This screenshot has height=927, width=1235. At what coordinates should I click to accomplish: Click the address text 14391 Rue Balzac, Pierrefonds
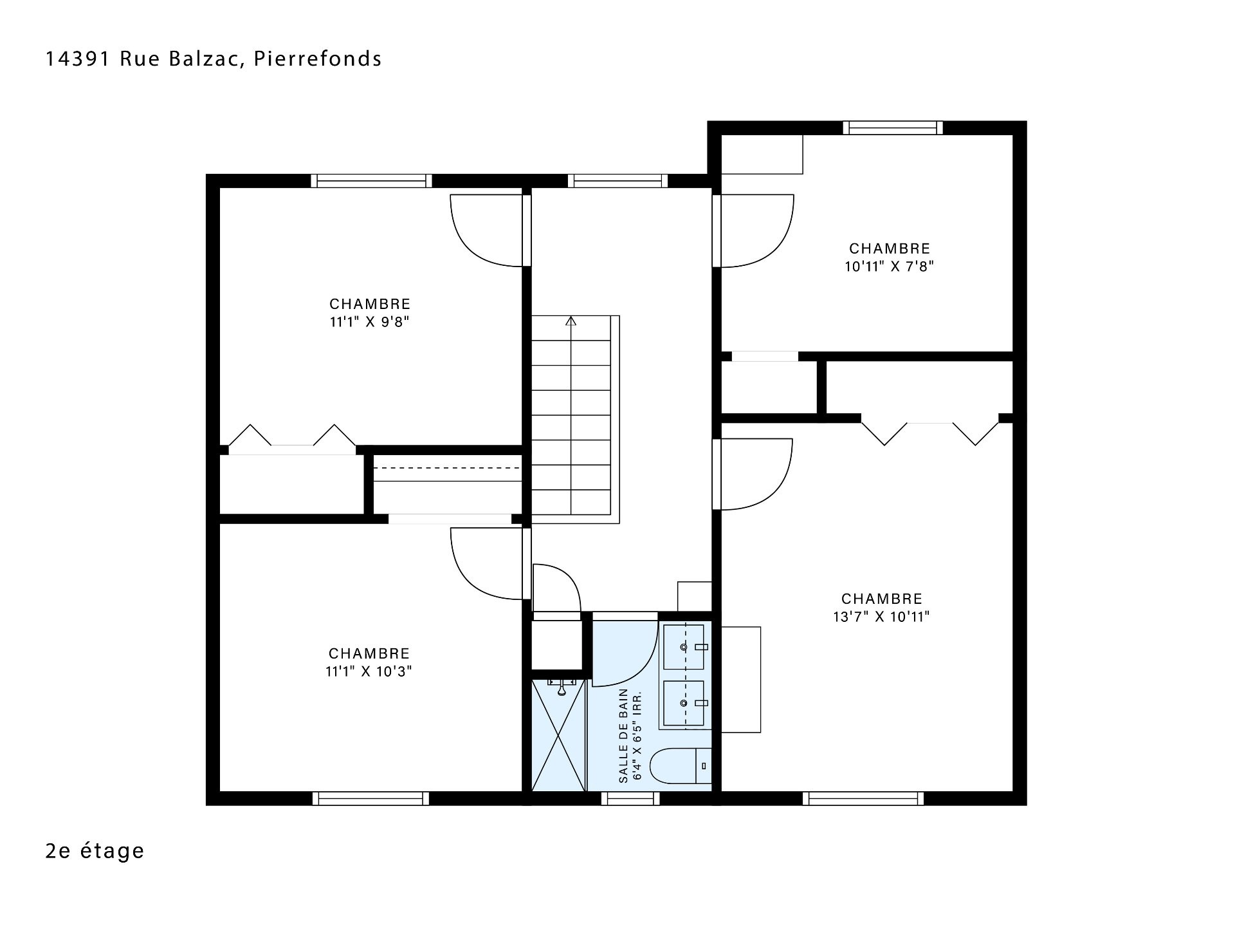click(214, 59)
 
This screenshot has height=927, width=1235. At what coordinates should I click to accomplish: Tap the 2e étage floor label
click(95, 851)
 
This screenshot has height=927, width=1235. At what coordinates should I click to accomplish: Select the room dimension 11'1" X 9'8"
click(370, 322)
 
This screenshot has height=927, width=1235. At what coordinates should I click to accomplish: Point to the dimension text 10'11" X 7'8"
click(890, 267)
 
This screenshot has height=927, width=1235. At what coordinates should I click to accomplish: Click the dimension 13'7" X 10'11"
click(882, 617)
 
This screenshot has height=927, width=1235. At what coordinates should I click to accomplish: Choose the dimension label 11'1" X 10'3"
click(369, 671)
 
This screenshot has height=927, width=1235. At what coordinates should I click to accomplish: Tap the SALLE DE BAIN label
click(623, 736)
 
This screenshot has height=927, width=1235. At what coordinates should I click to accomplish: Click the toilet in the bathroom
click(681, 766)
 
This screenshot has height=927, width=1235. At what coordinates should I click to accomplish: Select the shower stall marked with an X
click(559, 735)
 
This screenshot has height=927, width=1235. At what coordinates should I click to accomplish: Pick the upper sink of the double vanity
click(683, 647)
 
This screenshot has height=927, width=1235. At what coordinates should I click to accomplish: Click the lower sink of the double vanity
click(683, 703)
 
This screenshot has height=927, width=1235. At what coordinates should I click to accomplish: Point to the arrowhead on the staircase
click(571, 321)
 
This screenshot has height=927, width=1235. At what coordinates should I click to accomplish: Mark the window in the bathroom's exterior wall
click(630, 798)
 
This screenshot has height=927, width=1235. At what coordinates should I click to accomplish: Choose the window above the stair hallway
click(617, 181)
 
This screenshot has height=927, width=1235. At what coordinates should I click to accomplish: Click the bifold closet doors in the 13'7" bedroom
click(930, 433)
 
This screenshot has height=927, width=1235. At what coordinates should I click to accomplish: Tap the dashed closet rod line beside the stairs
click(447, 468)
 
